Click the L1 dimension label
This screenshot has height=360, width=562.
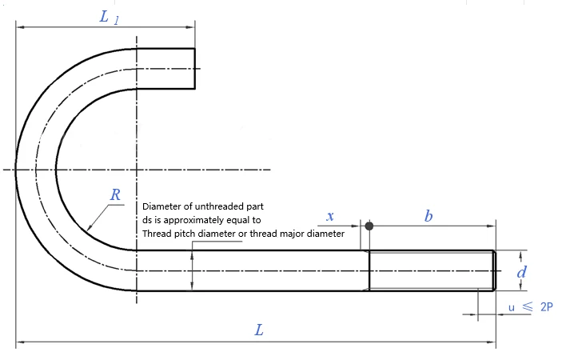110,18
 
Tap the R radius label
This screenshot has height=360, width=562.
115,194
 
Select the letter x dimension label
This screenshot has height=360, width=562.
330,216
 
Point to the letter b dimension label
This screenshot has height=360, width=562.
428,216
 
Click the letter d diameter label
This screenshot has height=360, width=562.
521,272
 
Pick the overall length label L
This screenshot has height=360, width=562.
259,330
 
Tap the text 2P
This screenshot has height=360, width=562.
547,307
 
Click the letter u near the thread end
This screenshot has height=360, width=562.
512,308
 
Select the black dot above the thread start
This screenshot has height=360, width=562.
369,226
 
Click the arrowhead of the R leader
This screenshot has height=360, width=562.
90,227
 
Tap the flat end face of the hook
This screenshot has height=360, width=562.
195,69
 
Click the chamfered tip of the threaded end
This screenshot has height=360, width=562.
495,270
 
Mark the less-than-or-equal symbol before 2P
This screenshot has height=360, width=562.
528,306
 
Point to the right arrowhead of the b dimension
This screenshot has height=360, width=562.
492,226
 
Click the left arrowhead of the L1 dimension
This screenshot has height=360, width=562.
21,27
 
